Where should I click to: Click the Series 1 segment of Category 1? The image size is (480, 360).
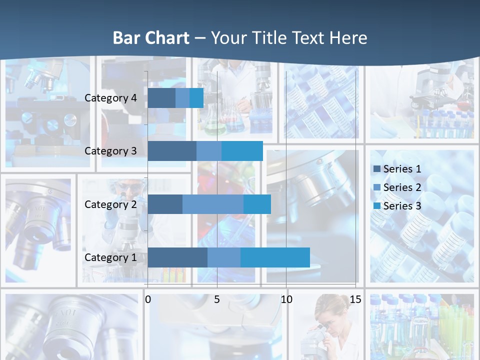click(x=177, y=257)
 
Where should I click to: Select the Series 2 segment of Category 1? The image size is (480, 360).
click(x=224, y=257)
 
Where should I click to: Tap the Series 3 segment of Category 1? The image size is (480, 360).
click(x=275, y=257)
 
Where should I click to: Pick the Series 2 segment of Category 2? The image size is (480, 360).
click(x=213, y=204)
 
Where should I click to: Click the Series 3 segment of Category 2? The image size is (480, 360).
click(x=257, y=204)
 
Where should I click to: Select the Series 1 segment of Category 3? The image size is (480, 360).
click(x=172, y=151)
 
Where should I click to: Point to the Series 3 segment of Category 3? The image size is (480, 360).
click(x=242, y=151)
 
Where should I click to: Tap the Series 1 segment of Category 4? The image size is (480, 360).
click(x=161, y=98)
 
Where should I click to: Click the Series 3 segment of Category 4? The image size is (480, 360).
click(x=196, y=98)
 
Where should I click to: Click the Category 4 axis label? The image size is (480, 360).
click(x=110, y=98)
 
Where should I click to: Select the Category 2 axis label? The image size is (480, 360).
click(x=110, y=204)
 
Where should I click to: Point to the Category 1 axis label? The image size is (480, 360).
click(x=110, y=257)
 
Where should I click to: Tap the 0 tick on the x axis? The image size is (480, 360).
click(x=147, y=299)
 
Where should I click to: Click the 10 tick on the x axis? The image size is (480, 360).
click(x=286, y=299)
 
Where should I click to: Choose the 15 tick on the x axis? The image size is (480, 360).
click(x=355, y=299)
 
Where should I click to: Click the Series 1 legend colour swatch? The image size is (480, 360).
click(x=376, y=168)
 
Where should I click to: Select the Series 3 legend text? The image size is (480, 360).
click(x=402, y=206)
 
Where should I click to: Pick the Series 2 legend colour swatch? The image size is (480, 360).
click(x=376, y=187)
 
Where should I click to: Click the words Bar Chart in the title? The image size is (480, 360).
click(x=151, y=38)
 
